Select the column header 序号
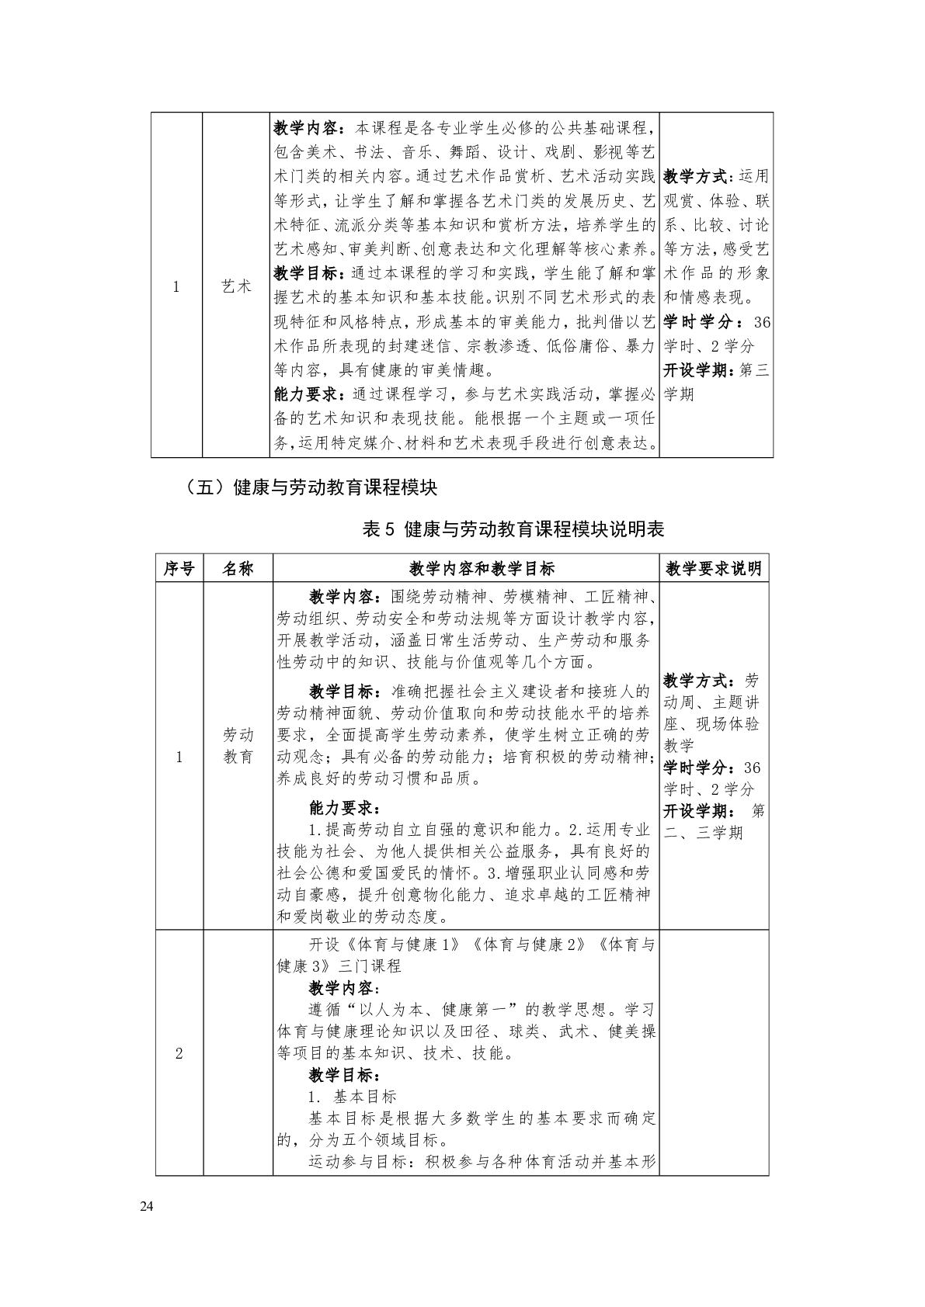179,568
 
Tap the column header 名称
238,568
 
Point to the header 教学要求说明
714,568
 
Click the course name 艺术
237,286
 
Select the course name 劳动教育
238,746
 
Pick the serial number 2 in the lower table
179,1053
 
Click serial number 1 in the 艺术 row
176,286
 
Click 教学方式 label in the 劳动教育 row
700,681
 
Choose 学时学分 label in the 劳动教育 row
700,768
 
